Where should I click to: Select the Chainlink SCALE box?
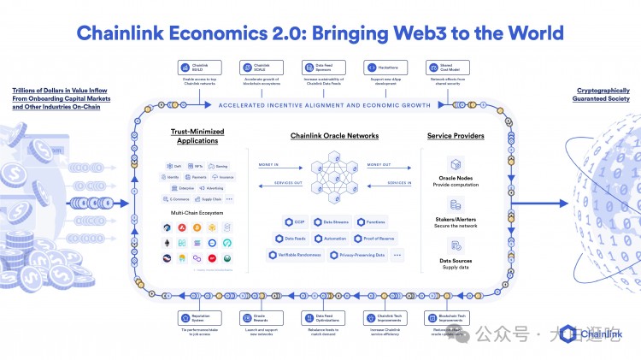pos(256,68)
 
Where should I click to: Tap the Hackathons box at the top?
pos(381,68)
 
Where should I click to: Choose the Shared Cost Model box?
pos(443,68)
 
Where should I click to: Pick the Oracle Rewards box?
pos(256,317)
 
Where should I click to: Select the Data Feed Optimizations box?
pos(318,317)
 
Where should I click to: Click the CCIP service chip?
pos(294,222)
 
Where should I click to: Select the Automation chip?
pos(333,239)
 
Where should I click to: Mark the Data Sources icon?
pos(456,245)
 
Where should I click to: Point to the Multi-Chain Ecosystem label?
pos(198,211)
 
